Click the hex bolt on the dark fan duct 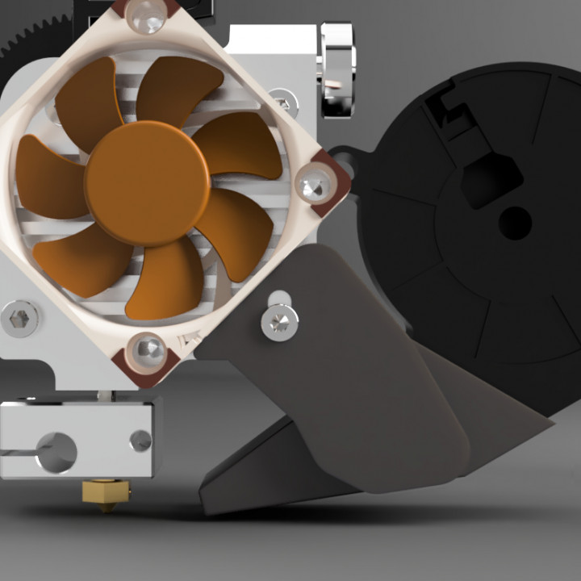click(x=279, y=321)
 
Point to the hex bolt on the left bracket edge click(x=22, y=318)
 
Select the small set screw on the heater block click(x=140, y=441)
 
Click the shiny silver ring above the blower click(x=336, y=69)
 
